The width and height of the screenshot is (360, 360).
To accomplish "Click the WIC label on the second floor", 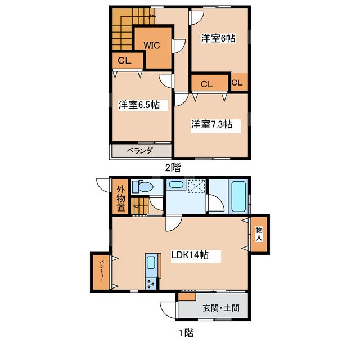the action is point(152,45).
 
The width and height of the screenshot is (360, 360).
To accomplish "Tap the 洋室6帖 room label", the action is point(218,38).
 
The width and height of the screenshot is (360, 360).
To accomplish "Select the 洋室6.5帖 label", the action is point(139,105).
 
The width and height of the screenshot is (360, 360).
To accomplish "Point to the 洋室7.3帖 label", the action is point(212,124).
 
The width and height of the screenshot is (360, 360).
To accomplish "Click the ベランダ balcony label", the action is point(140,151).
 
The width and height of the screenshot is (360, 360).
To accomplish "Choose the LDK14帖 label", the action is point(190,255).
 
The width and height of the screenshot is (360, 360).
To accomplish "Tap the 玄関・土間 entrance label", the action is point(221,308).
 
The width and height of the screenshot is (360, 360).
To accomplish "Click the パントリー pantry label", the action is point(102,272).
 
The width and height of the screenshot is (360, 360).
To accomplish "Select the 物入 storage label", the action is point(259,234).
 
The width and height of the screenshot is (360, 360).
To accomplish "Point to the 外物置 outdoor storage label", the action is point(121,198).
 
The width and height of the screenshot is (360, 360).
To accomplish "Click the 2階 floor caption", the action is point(173,168).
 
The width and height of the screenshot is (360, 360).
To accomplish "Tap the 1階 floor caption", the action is point(186,333).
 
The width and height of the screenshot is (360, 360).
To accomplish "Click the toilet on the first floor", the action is point(142,187).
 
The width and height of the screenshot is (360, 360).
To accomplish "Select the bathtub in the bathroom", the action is point(238,196).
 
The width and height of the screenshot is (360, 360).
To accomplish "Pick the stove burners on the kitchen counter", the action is point(151,283).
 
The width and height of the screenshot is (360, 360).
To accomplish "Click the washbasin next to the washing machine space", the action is point(176,184).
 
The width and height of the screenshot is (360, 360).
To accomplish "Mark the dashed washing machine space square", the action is point(196,186).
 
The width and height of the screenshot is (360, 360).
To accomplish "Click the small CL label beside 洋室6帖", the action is point(237,83).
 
